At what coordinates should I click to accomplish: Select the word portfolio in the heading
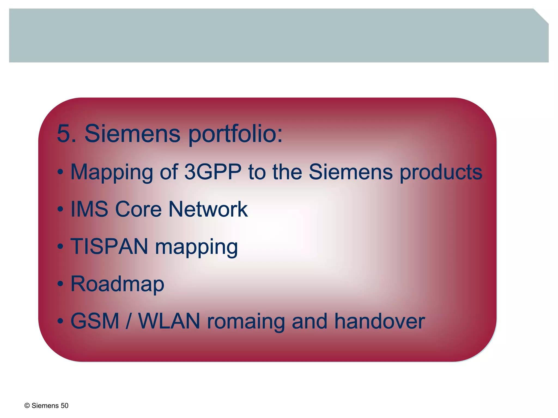[x=235, y=134]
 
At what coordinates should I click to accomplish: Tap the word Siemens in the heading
[x=132, y=134]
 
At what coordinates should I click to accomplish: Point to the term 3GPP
[x=213, y=172]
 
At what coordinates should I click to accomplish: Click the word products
[x=441, y=172]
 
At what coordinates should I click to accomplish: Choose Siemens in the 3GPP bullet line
[x=351, y=172]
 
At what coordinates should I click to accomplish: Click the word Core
[x=138, y=209]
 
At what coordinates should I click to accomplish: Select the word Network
[x=208, y=209]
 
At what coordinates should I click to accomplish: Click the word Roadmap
[x=117, y=284]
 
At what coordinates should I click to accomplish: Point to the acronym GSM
[x=95, y=321]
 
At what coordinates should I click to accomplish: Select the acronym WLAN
[x=169, y=321]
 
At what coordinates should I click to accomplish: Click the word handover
[x=379, y=321]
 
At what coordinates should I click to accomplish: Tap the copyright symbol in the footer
[x=27, y=406]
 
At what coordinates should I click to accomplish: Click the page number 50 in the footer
[x=65, y=406]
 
